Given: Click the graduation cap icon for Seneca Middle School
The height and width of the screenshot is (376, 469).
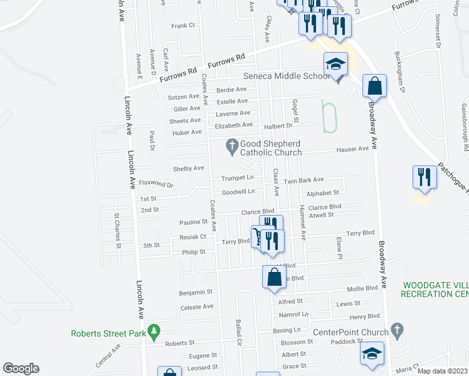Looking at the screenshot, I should pyautogui.click(x=335, y=63).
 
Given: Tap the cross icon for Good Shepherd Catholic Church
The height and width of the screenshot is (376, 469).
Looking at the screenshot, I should pyautogui.click(x=231, y=146).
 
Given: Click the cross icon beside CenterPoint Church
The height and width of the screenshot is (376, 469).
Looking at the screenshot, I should pyautogui.click(x=396, y=330).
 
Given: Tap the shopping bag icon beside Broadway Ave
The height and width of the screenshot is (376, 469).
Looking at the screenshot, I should pyautogui.click(x=374, y=85).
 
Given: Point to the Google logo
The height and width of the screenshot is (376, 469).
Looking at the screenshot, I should pyautogui.click(x=21, y=368).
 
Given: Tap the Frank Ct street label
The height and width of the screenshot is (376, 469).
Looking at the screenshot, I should pyautogui.click(x=184, y=26).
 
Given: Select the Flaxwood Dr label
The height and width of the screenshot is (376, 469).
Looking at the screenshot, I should pyautogui.click(x=155, y=184).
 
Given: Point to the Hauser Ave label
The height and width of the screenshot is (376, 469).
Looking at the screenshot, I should pyautogui.click(x=352, y=149).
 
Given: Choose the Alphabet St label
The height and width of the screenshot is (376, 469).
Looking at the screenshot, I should pyautogui.click(x=323, y=193).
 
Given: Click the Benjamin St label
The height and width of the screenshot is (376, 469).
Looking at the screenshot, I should pyautogui.click(x=196, y=292).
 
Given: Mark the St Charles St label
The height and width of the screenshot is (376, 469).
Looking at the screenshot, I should pyautogui.click(x=117, y=231).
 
